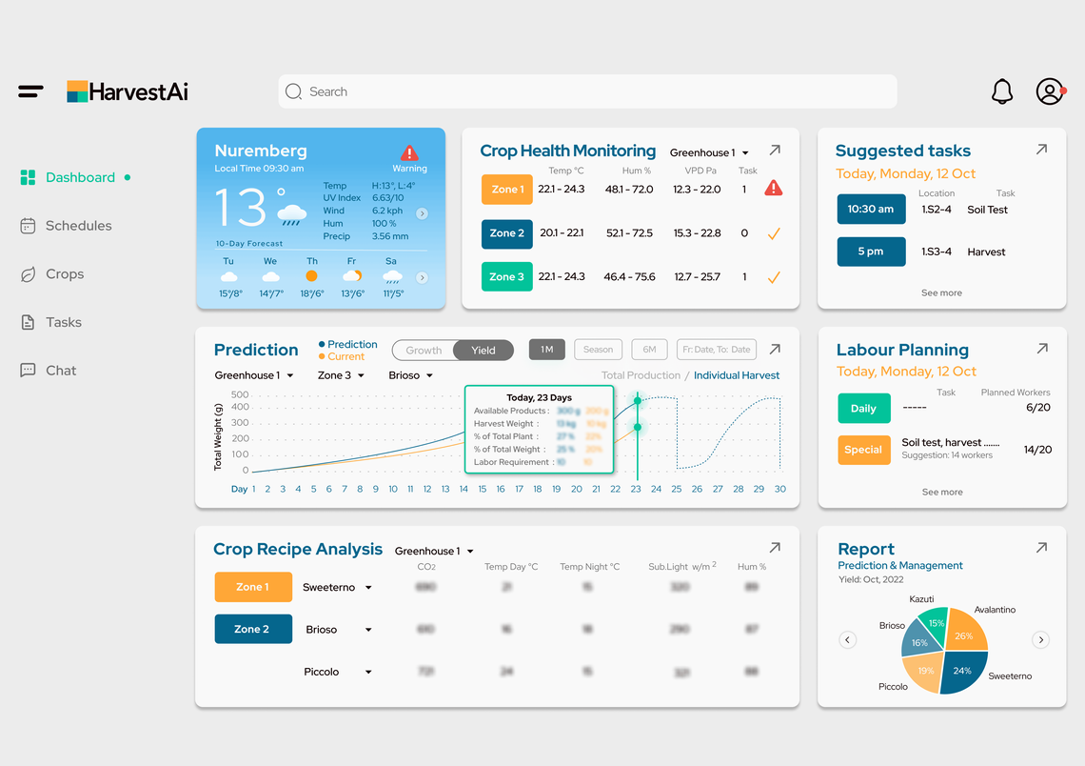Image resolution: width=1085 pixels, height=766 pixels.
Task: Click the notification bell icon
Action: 1002,91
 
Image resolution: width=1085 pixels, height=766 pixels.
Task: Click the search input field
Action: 587,91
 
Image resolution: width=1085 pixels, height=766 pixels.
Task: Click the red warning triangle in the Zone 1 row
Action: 774,189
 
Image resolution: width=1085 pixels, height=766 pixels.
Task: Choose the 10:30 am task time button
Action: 871,210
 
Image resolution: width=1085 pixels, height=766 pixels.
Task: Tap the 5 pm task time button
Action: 871,252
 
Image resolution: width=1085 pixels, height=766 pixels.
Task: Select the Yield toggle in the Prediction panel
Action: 483,350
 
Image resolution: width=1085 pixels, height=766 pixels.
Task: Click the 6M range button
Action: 649,350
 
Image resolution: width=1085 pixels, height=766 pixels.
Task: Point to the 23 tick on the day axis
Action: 636,489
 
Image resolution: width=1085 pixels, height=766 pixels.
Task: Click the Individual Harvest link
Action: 737,375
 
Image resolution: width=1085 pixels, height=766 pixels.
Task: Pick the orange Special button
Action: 863,450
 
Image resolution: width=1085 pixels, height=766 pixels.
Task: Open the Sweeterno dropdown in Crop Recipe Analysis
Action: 368,588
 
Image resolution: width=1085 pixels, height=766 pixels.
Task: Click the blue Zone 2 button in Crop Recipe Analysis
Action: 253,629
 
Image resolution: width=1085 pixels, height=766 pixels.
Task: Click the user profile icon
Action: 1050,91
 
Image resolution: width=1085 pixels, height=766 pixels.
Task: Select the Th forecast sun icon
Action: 311,275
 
